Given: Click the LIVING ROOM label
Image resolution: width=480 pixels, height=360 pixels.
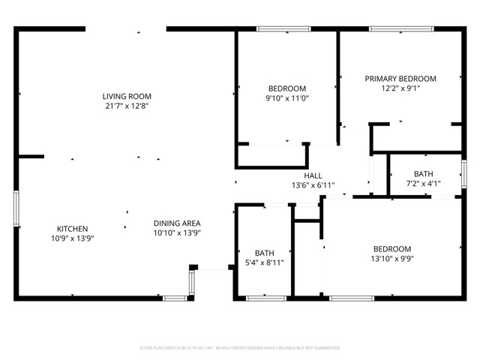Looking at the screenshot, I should coord(127,96).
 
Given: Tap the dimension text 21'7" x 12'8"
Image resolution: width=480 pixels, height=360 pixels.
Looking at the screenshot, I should coord(127,106).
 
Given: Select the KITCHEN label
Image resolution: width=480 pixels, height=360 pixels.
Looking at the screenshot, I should coord(73,229).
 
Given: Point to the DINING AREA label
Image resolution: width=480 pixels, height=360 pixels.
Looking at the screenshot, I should coord(177,223).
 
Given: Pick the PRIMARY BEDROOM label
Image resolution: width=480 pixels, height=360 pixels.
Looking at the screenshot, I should coord(400,78).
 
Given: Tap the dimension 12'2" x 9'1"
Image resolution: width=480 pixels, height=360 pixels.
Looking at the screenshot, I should coord(400,88).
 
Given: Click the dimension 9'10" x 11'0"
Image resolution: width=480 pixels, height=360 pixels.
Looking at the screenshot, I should coord(287,97).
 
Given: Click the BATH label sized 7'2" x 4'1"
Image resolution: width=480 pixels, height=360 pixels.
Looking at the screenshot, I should coord(423,173).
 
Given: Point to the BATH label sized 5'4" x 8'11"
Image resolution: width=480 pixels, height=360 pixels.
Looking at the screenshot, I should coord(264,253).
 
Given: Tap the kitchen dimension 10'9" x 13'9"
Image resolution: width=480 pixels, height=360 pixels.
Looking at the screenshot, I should coord(73,238).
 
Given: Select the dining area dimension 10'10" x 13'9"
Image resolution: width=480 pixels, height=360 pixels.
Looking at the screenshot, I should coord(177,232).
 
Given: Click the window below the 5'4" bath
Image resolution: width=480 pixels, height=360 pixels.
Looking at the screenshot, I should coord(266,298).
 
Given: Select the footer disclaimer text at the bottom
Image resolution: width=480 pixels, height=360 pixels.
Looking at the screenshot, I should coord(240,348).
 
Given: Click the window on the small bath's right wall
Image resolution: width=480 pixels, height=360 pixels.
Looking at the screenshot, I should coord(463,174).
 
